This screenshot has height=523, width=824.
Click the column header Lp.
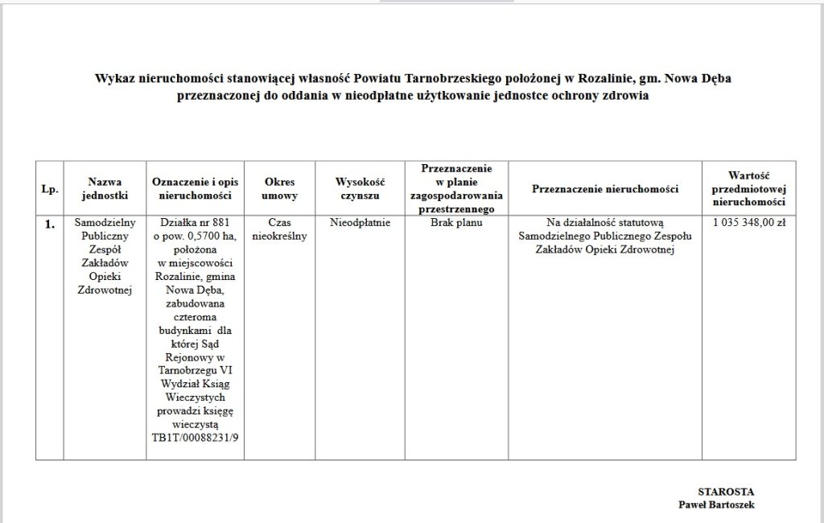[x=49, y=189]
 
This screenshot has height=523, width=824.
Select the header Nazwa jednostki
[x=105, y=189]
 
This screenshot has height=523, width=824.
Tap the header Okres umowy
[x=280, y=189]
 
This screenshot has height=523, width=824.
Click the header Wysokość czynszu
[x=360, y=189]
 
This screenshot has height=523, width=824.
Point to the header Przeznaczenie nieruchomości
[x=605, y=189]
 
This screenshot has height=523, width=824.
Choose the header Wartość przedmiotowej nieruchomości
[x=749, y=189]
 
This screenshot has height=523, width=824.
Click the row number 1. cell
[x=49, y=224]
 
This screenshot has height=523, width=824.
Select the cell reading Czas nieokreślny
[x=280, y=229]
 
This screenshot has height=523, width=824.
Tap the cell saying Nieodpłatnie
[x=360, y=222]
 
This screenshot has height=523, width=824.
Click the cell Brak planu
[x=456, y=222]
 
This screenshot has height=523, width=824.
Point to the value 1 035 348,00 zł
[x=749, y=222]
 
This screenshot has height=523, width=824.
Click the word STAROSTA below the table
[x=726, y=491]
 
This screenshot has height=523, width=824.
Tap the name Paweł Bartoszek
[x=716, y=504]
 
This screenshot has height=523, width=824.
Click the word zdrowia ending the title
[x=628, y=95]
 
